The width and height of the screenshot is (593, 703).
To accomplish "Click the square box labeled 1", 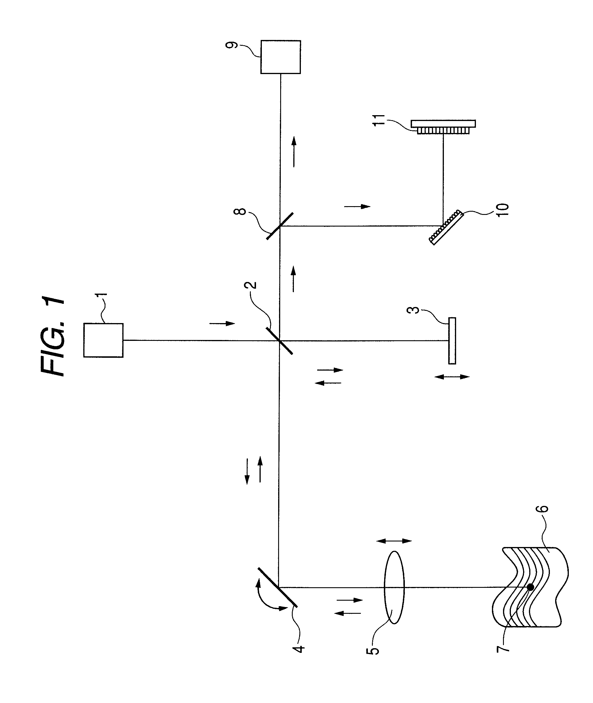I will (103, 340).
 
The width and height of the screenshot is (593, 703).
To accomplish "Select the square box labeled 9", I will (280, 57).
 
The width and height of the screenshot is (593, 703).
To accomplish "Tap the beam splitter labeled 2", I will (279, 341).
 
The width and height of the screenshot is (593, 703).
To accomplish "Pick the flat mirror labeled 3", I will (452, 341).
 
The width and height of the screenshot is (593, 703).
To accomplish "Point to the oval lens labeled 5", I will (394, 587).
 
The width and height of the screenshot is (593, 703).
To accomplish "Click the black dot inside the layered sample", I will (530, 587).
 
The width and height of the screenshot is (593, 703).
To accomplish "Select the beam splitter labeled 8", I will (280, 226).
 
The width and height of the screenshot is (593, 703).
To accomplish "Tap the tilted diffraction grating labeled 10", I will (446, 227).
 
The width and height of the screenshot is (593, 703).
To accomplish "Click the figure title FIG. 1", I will (53, 336).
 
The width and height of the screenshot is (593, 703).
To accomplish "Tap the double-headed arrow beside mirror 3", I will (452, 377).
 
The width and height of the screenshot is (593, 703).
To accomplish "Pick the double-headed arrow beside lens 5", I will (394, 541).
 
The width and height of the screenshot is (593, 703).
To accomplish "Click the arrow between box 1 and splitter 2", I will (222, 323).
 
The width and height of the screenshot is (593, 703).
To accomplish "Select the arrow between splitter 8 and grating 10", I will (357, 206).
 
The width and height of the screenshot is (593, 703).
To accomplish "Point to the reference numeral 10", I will (504, 209).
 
